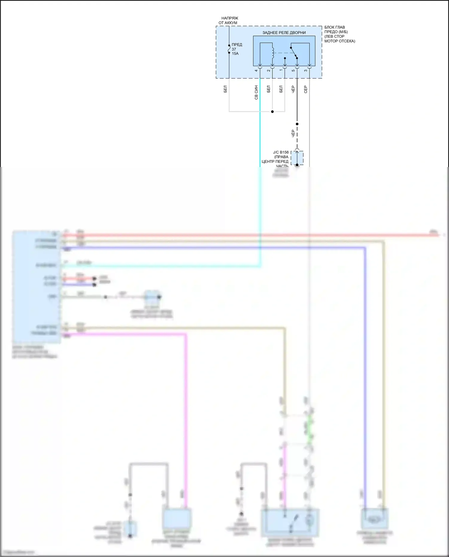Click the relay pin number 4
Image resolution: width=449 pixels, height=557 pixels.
[x=256, y=71]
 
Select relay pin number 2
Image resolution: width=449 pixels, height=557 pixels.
[x=269, y=71]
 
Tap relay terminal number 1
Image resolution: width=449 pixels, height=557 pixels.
[x=281, y=71]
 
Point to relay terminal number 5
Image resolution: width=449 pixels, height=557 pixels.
[x=293, y=71]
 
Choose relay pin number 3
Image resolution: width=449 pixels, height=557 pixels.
[x=305, y=71]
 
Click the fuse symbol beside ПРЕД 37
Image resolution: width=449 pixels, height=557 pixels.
[x=229, y=49]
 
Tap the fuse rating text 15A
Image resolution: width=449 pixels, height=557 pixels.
[x=235, y=54]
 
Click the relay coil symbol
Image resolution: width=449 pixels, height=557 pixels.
[x=272, y=53]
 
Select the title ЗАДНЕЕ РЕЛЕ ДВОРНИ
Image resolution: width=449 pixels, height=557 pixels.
[x=284, y=33]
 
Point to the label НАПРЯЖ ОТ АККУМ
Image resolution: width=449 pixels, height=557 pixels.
[x=229, y=20]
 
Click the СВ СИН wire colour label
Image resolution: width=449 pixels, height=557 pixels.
[x=256, y=92]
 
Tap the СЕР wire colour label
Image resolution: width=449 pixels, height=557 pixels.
[x=306, y=89]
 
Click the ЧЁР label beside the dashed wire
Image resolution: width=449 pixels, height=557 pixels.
[x=293, y=133]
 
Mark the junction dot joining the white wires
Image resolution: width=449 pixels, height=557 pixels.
[x=272, y=112]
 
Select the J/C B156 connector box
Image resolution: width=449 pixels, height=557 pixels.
[x=297, y=158]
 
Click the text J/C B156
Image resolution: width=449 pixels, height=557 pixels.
[x=281, y=152]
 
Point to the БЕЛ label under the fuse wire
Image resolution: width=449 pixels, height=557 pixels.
[x=225, y=89]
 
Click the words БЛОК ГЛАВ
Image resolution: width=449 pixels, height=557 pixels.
[x=334, y=27]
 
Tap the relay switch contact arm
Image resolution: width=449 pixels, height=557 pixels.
[x=294, y=53]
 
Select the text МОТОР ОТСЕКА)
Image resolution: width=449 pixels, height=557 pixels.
[x=339, y=41]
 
